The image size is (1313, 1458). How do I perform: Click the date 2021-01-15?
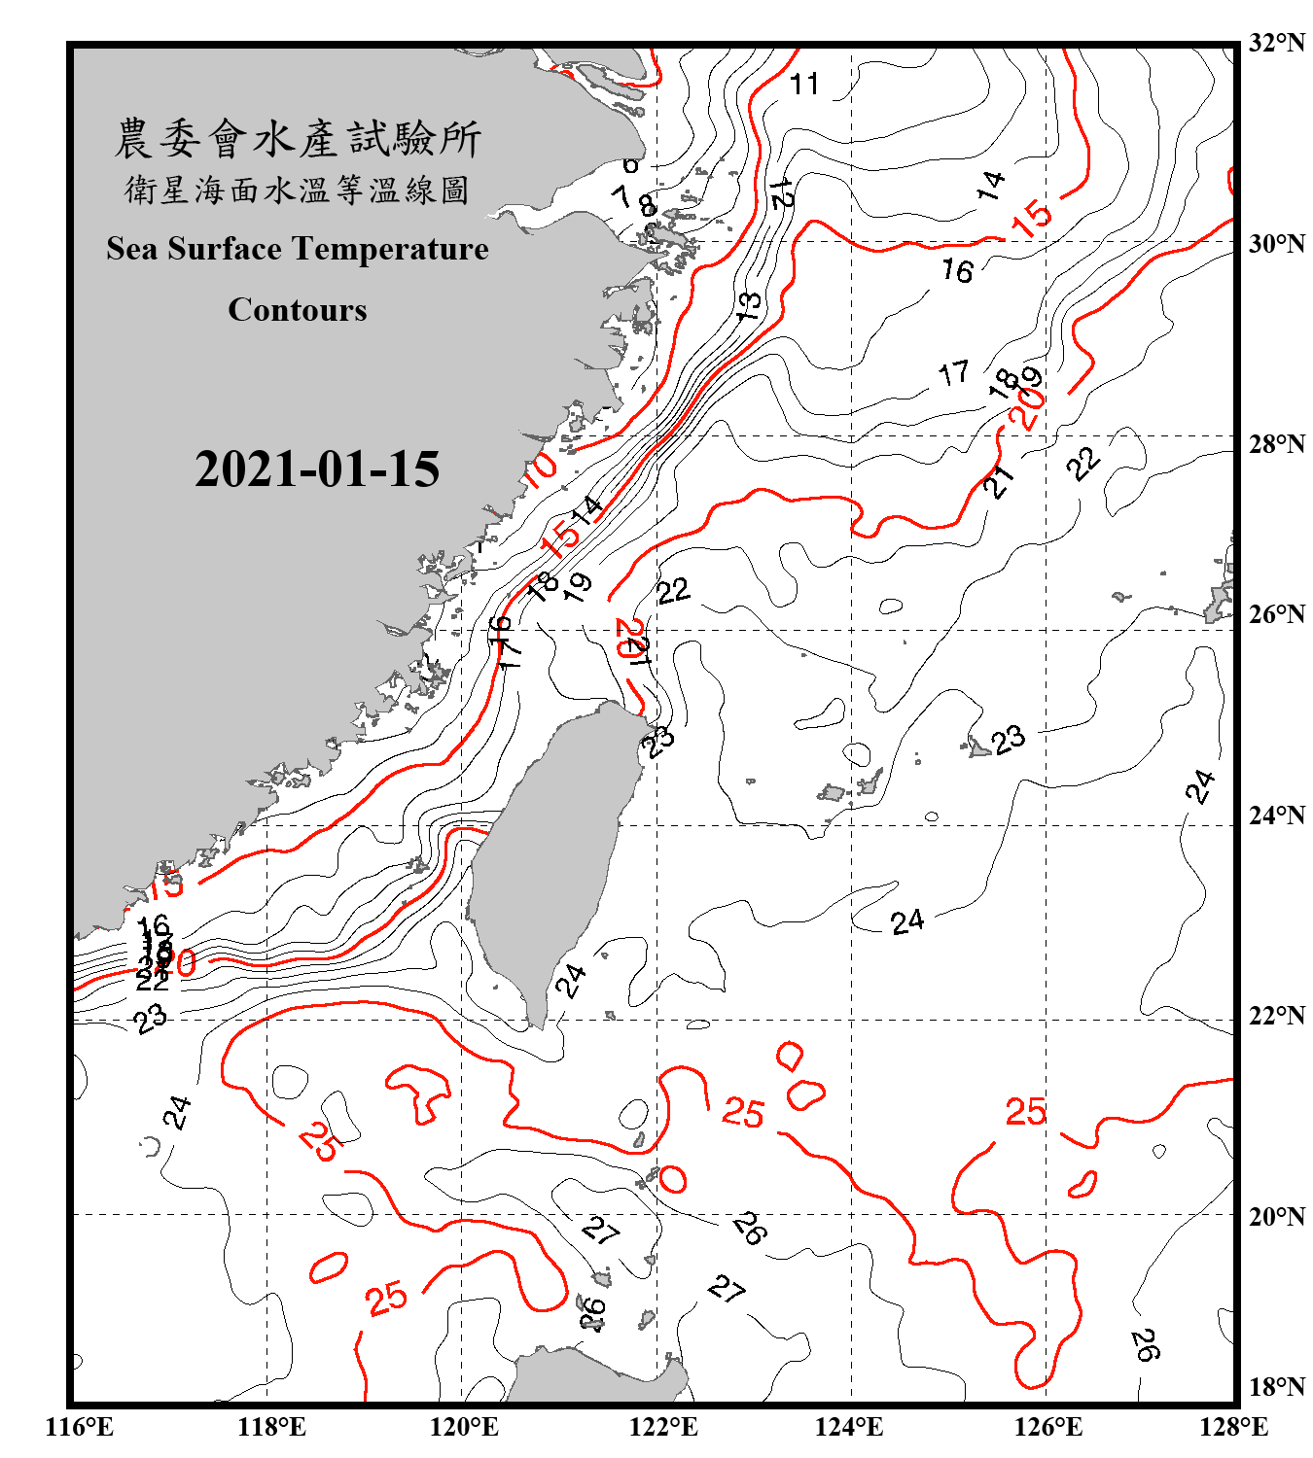pyautogui.click(x=317, y=469)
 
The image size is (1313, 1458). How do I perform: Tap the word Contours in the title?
pyautogui.click(x=298, y=310)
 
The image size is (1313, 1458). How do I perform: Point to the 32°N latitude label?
pyautogui.click(x=1277, y=43)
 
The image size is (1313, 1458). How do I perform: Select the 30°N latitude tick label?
pyautogui.click(x=1277, y=243)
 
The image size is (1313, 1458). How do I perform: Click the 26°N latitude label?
pyautogui.click(x=1277, y=614)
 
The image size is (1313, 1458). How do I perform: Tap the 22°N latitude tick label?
pyautogui.click(x=1277, y=1016)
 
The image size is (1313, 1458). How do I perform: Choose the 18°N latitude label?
pyautogui.click(x=1277, y=1387)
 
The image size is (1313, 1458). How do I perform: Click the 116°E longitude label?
pyautogui.click(x=80, y=1427)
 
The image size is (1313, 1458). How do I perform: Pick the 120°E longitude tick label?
pyautogui.click(x=464, y=1427)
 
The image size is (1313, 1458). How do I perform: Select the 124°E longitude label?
pyautogui.click(x=849, y=1427)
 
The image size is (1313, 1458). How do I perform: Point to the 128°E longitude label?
pyautogui.click(x=1233, y=1427)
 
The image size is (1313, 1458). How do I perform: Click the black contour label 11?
pyautogui.click(x=804, y=85)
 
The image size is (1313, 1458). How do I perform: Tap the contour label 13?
pyautogui.click(x=748, y=307)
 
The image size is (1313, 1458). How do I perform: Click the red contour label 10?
pyautogui.click(x=540, y=469)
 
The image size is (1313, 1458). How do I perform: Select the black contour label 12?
pyautogui.click(x=780, y=193)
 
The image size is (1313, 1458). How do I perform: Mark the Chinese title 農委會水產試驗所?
pyautogui.click(x=298, y=139)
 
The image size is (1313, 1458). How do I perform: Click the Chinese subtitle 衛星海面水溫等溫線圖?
pyautogui.click(x=298, y=191)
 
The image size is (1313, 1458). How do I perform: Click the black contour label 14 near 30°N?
pyautogui.click(x=990, y=185)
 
